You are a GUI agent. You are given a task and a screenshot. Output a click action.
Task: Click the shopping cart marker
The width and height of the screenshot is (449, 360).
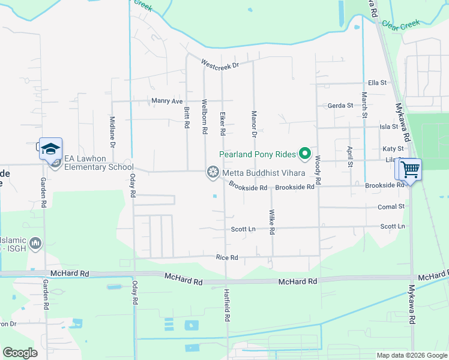coord(409,169)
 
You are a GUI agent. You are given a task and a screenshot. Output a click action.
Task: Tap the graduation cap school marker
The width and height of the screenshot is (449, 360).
coord(51,148)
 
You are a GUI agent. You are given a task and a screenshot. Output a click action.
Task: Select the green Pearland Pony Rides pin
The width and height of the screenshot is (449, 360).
coord(304,154)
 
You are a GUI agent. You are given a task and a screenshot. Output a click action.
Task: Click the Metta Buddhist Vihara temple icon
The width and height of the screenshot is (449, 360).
coord(212,173)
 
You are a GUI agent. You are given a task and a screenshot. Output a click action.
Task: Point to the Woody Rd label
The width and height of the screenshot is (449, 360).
coord(318,166)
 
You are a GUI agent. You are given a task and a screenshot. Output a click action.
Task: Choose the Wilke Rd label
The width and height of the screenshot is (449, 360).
coord(272,221)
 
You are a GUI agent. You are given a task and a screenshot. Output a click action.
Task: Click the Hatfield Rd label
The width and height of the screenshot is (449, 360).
coord(227,305)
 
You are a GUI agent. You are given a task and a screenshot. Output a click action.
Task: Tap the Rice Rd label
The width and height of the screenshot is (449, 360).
coord(228,257)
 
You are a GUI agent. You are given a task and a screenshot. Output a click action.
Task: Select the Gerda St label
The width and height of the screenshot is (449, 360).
coord(340,106)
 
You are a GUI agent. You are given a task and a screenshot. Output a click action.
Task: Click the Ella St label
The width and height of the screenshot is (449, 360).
coord(378,83)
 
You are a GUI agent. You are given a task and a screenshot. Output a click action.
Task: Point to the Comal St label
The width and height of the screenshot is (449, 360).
coord(391,206)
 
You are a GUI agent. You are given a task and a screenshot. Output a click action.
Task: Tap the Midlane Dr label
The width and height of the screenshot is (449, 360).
coord(112,132)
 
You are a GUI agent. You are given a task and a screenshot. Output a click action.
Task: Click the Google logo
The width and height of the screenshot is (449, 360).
coord(20,353)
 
